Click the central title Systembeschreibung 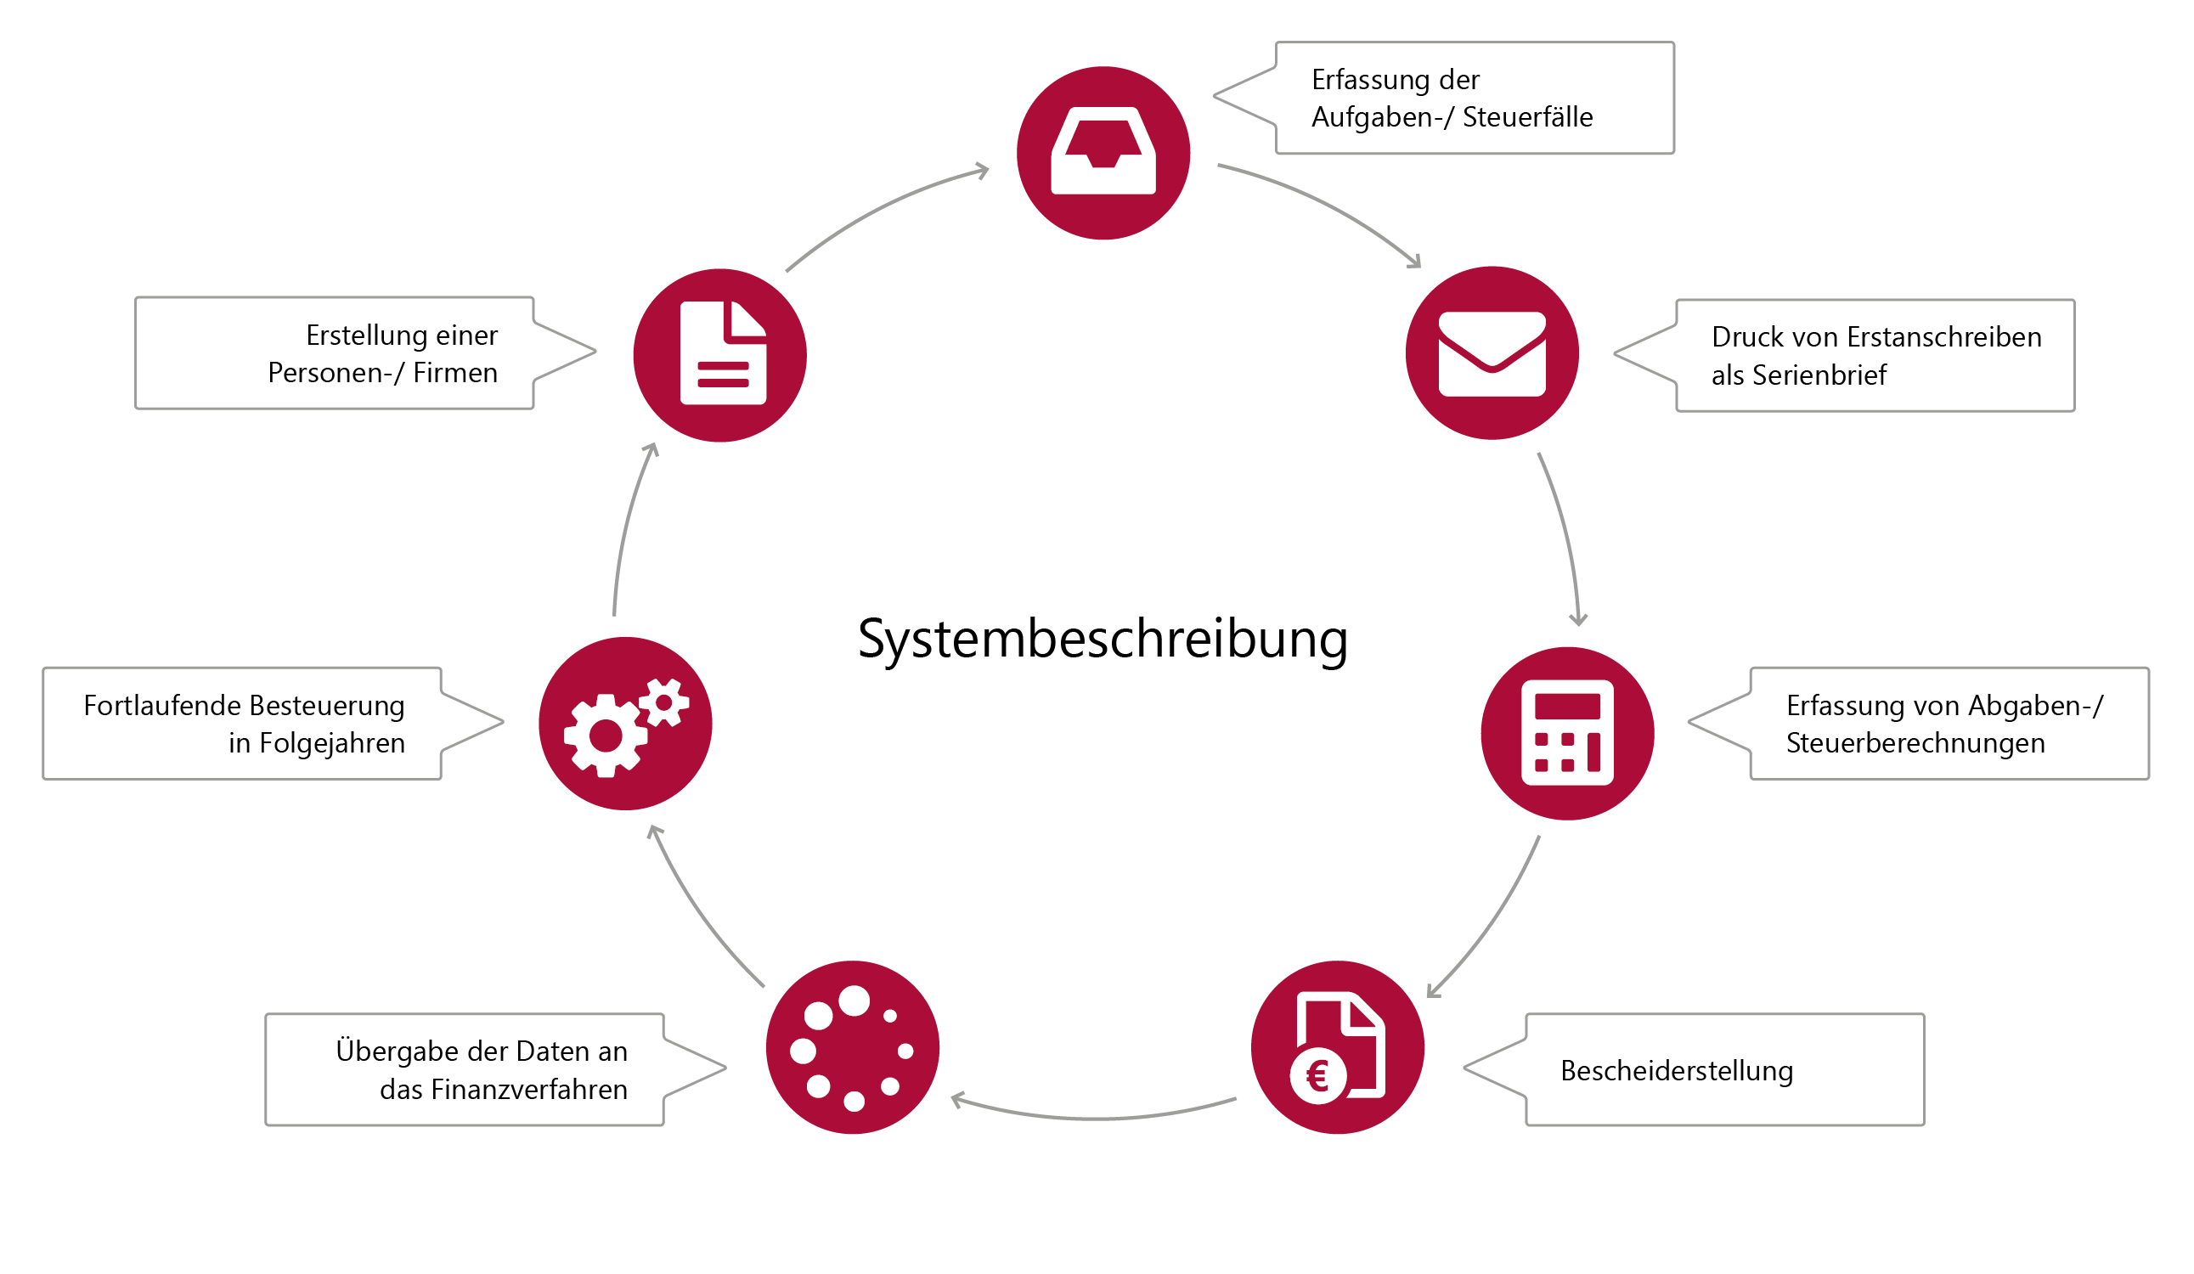[1103, 640]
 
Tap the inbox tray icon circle [1103, 153]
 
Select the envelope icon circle [1492, 353]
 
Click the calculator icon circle [1567, 733]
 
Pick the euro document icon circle [1337, 1047]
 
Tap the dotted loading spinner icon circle [852, 1047]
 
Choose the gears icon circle [625, 724]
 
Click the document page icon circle [720, 355]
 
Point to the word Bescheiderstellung [1676, 1071]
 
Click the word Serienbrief [1819, 375]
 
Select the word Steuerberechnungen [1915, 744]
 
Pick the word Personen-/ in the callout [336, 373]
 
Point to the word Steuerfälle [1527, 116]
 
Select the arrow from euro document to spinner [1093, 1116]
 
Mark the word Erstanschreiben [1944, 337]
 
